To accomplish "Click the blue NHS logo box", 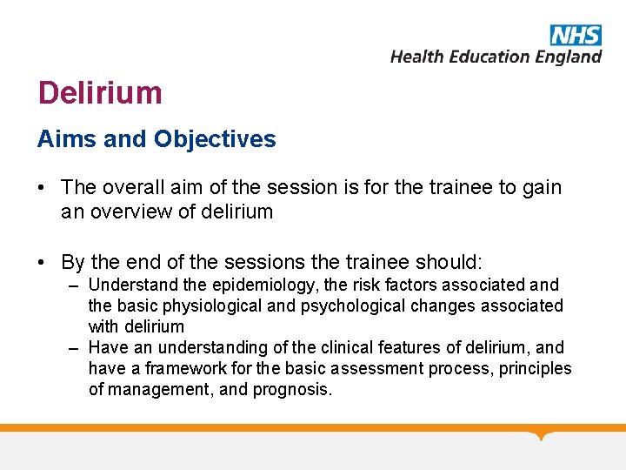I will click(x=576, y=35).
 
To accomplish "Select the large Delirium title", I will click(x=100, y=92).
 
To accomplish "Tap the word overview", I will click(x=126, y=211).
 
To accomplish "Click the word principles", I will click(x=531, y=368).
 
